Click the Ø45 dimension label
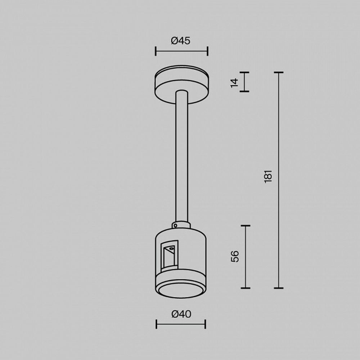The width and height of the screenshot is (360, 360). pos(181,41)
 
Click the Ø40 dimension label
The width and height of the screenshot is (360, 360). pos(181,314)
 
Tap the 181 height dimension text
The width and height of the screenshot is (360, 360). pos(269,176)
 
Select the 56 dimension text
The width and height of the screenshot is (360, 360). pos(235,256)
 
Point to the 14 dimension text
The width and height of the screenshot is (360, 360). pos(235,82)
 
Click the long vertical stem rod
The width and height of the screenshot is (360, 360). pos(181,155)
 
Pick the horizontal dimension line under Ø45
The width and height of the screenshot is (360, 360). pos(181,51)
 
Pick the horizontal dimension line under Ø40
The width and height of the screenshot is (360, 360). pos(181,324)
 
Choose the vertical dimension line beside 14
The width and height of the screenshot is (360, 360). pos(244,82)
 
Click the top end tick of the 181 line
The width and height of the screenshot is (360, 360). pos(278,72)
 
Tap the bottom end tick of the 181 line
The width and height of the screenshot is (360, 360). pos(278,288)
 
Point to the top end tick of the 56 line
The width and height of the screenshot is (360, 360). pos(246,226)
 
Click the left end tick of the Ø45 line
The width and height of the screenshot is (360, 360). pos(156,51)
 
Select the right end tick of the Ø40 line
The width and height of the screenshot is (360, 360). pos(205,324)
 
